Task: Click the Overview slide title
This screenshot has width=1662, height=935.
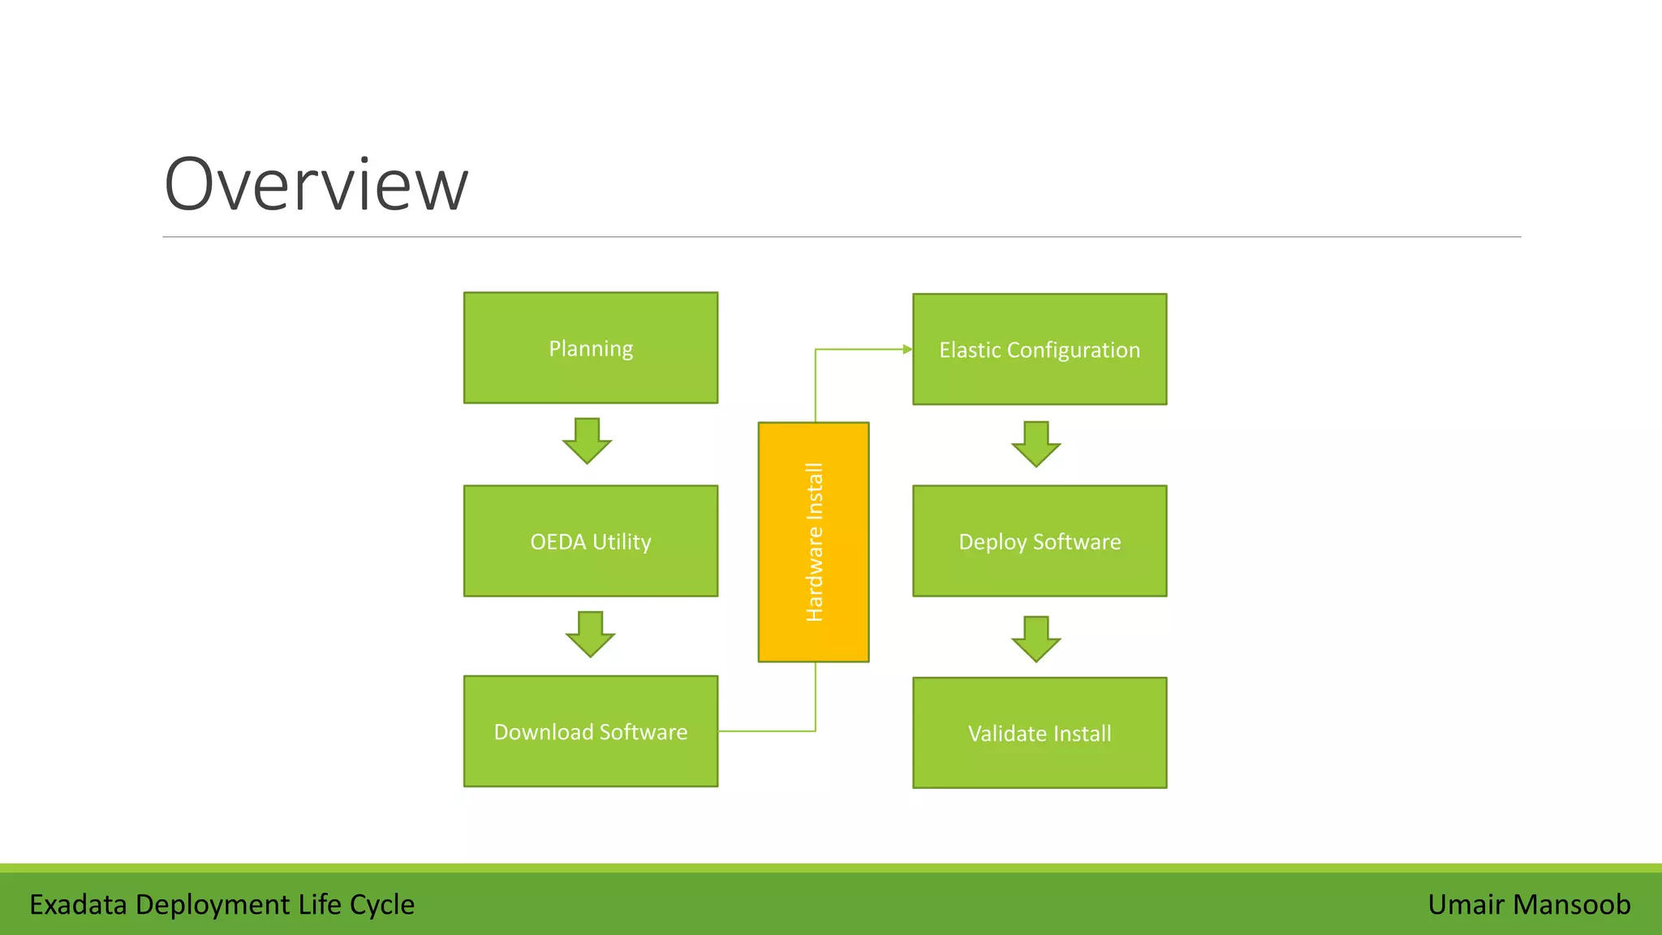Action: pyautogui.click(x=316, y=185)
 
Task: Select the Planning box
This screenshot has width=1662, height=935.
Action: pyautogui.click(x=590, y=347)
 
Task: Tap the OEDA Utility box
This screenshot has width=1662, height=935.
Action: pyautogui.click(x=590, y=541)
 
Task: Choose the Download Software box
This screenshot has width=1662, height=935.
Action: pyautogui.click(x=590, y=731)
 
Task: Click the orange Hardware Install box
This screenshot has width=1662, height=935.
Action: pyautogui.click(x=813, y=541)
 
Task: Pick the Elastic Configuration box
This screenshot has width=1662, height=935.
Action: pyautogui.click(x=1039, y=349)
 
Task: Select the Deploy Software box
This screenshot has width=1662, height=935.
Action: pyautogui.click(x=1039, y=541)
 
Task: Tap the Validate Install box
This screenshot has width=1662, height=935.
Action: pyautogui.click(x=1039, y=733)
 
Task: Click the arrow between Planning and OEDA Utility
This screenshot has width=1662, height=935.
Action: pyautogui.click(x=587, y=441)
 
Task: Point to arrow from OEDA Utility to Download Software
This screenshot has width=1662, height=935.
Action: pyautogui.click(x=590, y=634)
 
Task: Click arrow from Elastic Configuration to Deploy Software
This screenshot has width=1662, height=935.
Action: pyautogui.click(x=1036, y=444)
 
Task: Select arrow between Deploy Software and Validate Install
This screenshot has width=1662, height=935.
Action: pyautogui.click(x=1036, y=639)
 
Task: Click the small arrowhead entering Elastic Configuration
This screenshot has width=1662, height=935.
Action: pyautogui.click(x=907, y=350)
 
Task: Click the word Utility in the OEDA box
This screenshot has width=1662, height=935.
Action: pyautogui.click(x=622, y=541)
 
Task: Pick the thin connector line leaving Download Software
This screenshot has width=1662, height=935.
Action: pyautogui.click(x=767, y=731)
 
